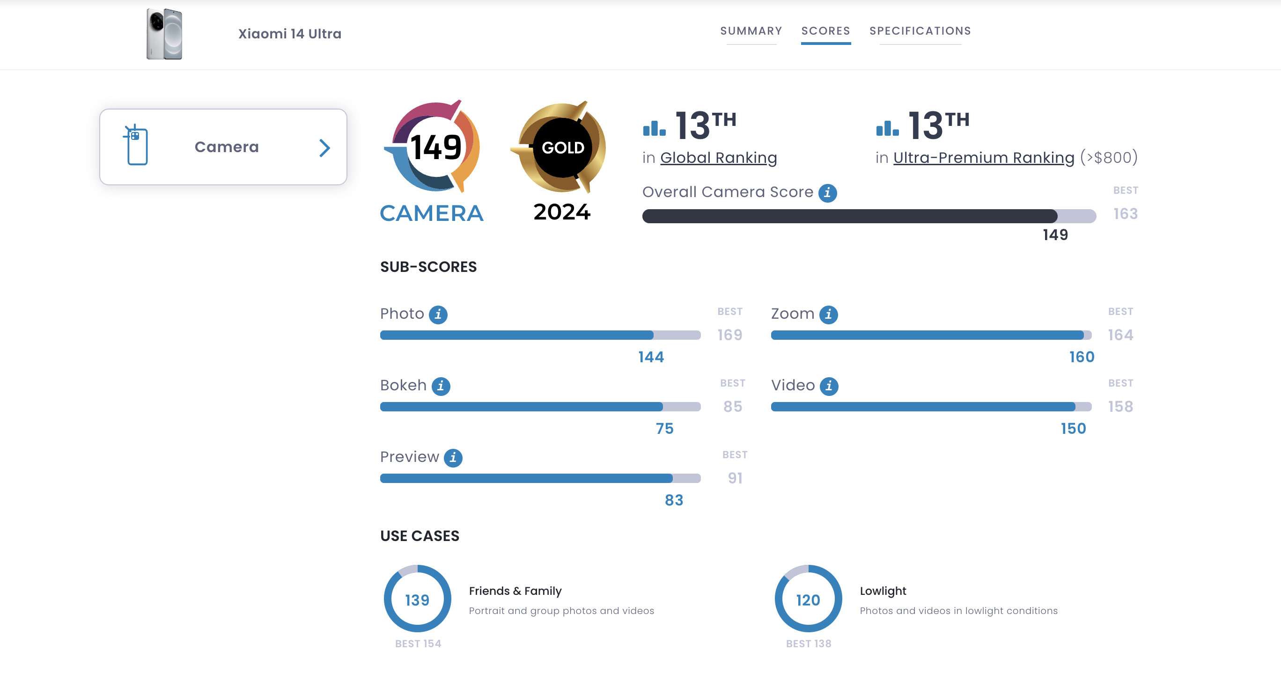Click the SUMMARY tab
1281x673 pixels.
(751, 31)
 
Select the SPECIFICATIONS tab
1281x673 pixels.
(920, 31)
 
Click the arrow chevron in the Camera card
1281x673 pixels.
(325, 147)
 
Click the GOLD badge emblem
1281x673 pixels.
(562, 147)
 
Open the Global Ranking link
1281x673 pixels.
(718, 158)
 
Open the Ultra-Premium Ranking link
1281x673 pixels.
(984, 158)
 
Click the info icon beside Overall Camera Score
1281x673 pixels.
(827, 193)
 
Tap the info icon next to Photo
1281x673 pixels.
(438, 315)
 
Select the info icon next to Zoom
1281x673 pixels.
(828, 315)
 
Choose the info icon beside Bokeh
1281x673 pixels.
(441, 386)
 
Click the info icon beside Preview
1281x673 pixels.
(453, 458)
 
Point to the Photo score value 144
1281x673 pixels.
(651, 357)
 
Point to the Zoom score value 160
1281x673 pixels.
(1082, 357)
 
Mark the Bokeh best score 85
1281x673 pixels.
(732, 407)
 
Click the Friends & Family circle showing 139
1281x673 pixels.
(417, 599)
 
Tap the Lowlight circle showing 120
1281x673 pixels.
(808, 599)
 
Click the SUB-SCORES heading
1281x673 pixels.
(428, 267)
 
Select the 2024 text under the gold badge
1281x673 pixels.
(562, 212)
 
